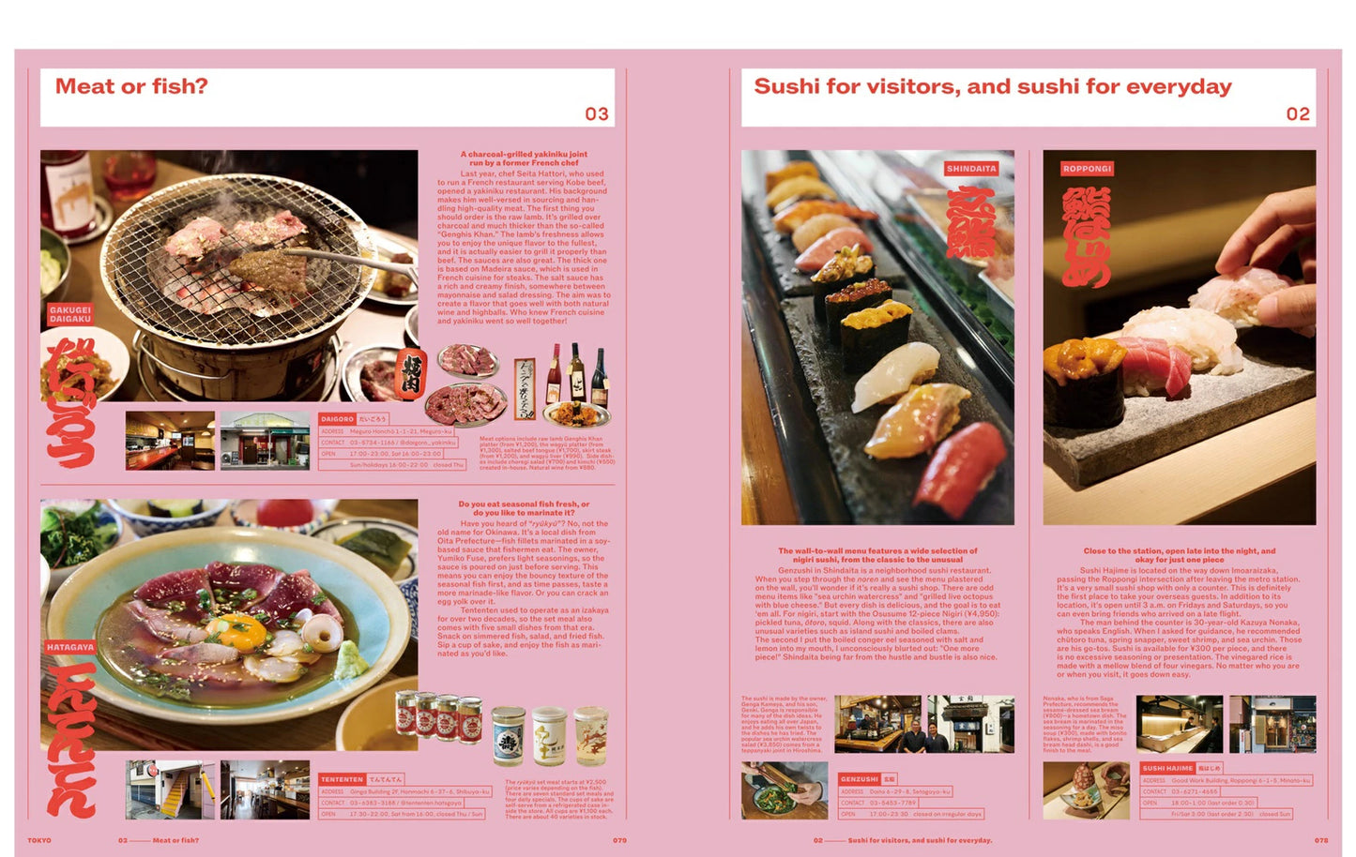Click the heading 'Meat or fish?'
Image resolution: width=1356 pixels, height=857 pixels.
131,86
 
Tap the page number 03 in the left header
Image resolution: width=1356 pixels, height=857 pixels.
597,114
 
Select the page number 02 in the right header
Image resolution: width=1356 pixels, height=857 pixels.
1297,114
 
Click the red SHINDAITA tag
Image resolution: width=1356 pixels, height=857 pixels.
971,169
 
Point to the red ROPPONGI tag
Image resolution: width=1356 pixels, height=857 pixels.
1087,169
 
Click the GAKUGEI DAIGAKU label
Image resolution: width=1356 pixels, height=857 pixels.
70,314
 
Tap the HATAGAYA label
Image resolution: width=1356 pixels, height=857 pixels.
70,647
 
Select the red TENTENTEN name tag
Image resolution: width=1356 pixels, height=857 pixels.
342,779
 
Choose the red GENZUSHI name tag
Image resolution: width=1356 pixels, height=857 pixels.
859,779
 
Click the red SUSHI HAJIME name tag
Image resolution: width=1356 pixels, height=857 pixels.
1166,768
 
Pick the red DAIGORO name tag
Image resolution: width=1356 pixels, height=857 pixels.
337,419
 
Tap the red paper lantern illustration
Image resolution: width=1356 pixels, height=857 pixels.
410,373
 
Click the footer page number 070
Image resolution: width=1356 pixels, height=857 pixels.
619,840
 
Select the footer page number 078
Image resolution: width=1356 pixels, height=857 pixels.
1320,840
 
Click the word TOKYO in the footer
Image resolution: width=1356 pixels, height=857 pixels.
39,840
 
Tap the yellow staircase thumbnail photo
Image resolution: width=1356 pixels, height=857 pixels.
170,789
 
